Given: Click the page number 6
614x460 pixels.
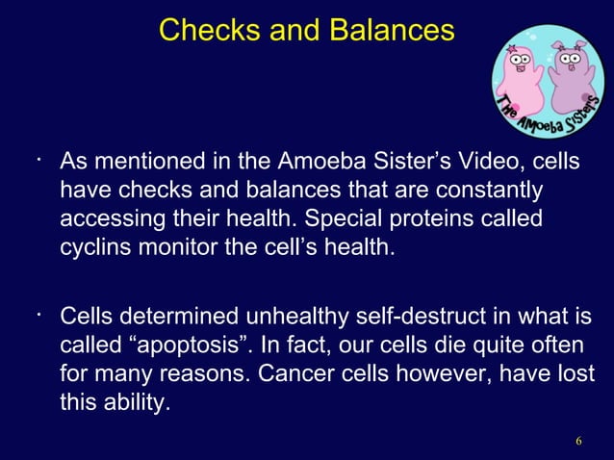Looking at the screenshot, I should click(578, 441).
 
